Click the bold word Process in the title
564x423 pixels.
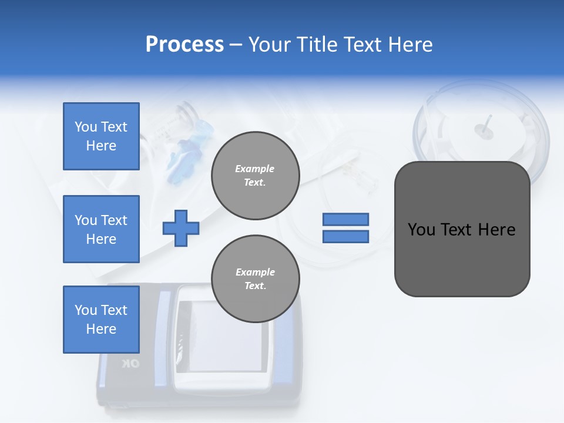184,45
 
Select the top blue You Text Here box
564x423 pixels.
101,136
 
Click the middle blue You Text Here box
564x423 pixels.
101,229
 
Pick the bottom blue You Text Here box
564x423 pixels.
101,320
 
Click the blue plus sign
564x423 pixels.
181,228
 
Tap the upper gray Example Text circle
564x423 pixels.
255,176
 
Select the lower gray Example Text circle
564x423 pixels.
255,279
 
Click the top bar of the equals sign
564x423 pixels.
345,219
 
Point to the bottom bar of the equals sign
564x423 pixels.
345,237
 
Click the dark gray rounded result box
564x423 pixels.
462,229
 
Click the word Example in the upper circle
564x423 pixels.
255,169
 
